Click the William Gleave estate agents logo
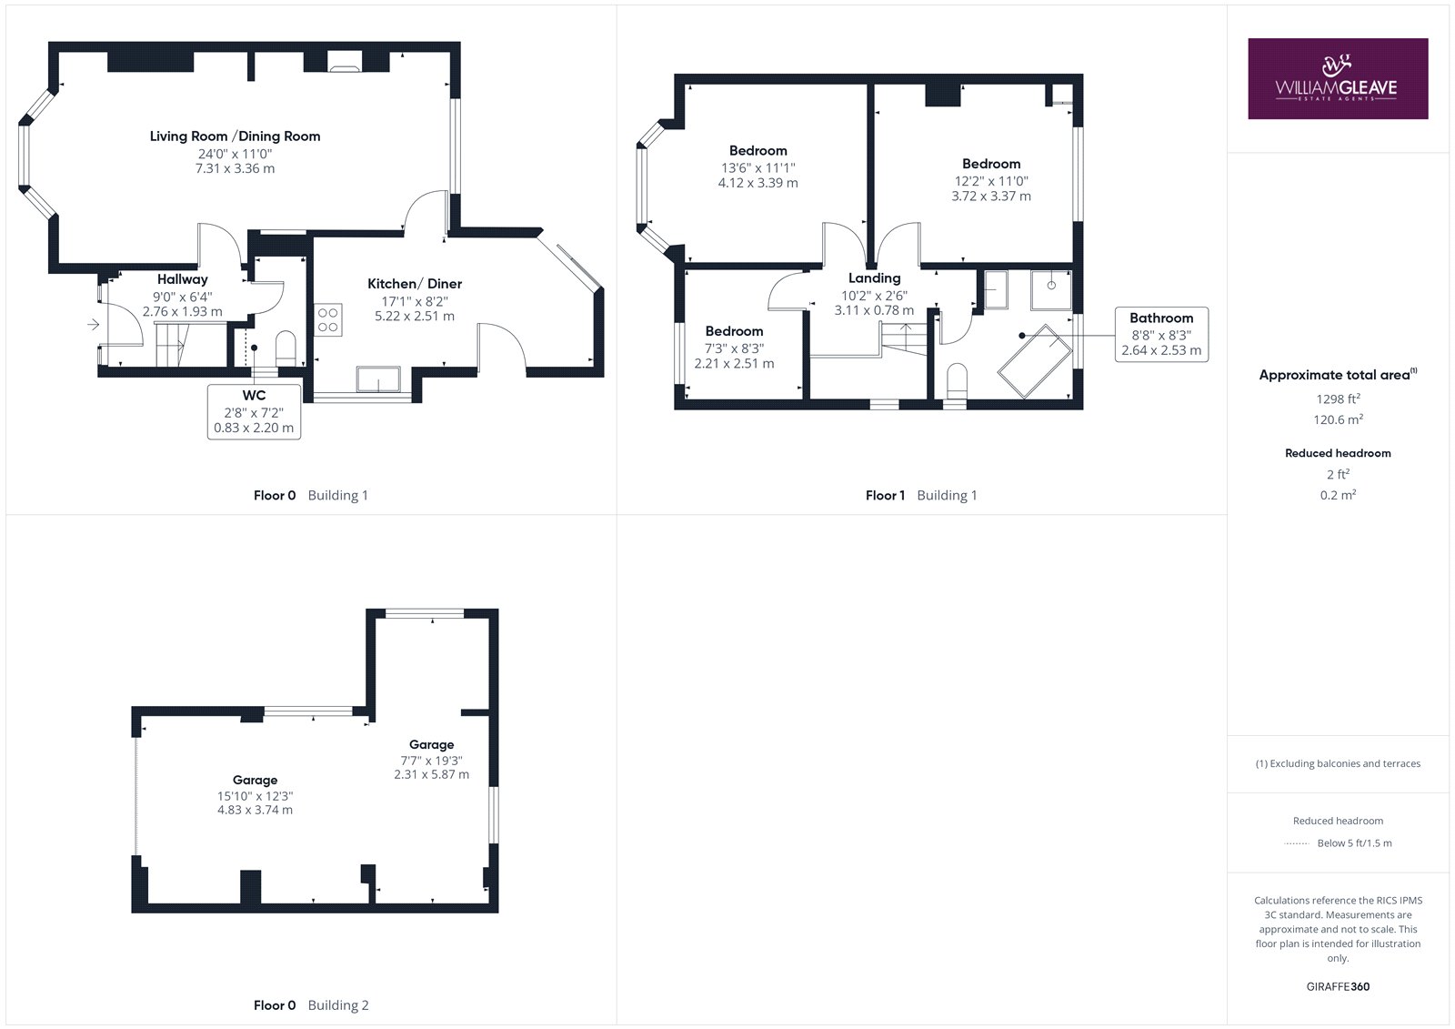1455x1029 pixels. tap(1338, 78)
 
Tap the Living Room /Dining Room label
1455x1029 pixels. tap(236, 136)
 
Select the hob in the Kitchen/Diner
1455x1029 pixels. tap(328, 320)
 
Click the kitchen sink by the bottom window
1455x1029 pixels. tap(378, 379)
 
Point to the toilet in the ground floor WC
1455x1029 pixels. tap(286, 348)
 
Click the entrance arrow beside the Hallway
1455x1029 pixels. tap(94, 324)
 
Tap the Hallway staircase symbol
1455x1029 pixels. tap(172, 345)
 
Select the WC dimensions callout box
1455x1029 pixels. tap(254, 412)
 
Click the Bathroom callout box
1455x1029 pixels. tap(1161, 334)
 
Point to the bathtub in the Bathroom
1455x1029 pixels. tap(1034, 361)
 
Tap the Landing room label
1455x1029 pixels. tap(874, 278)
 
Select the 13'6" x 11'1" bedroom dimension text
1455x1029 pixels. tap(758, 168)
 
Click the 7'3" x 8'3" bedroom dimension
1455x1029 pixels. tap(735, 349)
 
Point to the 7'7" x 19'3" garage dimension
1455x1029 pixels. tap(431, 761)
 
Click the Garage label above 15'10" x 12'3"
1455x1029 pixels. tap(255, 780)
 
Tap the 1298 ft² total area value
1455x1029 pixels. tap(1338, 399)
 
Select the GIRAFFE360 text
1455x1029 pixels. tap(1338, 987)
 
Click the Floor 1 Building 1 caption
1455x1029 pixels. tap(921, 495)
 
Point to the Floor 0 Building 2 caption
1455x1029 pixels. tap(311, 1005)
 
